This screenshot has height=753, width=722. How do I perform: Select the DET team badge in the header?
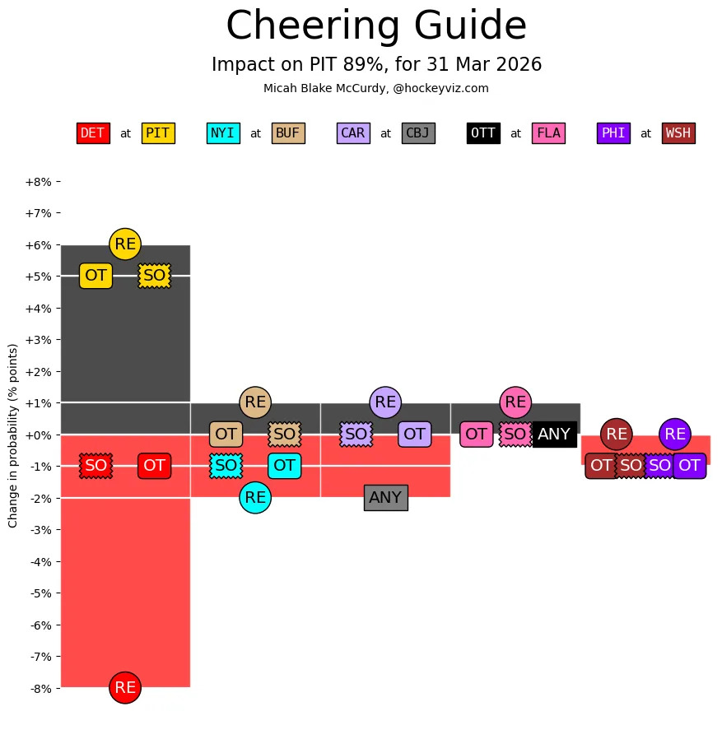coord(93,133)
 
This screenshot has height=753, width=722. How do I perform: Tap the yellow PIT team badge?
coord(157,133)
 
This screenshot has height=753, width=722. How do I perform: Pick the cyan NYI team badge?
coord(223,133)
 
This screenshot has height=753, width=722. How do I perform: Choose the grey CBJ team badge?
coord(418,133)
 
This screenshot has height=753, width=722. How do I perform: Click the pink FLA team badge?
coord(548,133)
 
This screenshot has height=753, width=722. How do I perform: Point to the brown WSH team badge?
coord(678,133)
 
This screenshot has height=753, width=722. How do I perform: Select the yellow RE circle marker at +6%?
coord(125,244)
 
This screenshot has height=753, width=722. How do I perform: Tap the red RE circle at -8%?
coord(125,687)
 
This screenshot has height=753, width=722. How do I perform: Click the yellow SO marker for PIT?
coord(154,276)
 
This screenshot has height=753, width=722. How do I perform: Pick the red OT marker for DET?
coord(154,466)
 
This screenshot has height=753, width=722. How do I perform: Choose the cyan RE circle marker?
coord(255,497)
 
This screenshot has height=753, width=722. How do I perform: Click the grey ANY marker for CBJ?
coord(385,497)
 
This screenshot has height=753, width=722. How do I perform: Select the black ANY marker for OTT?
coord(554,434)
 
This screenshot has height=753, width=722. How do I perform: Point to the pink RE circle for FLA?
coord(515,402)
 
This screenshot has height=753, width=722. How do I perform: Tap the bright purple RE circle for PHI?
coord(675,434)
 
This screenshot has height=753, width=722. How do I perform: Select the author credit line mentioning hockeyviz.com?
coord(376,88)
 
